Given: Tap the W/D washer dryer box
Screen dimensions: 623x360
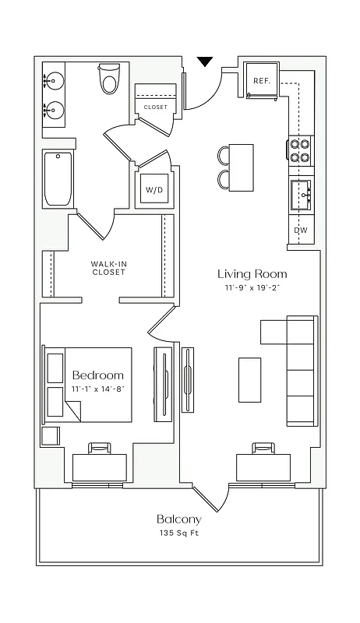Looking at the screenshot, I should click(x=152, y=189).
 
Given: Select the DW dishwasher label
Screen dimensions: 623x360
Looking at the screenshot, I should click(x=300, y=231).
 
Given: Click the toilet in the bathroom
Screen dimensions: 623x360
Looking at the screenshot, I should click(x=109, y=79).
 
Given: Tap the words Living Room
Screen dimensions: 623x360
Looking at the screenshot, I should click(x=252, y=274).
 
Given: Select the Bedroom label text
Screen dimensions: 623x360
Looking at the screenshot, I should click(x=97, y=375).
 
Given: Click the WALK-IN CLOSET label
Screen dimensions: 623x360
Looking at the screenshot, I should click(x=108, y=268).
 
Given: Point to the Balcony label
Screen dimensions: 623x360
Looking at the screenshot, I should click(x=178, y=519).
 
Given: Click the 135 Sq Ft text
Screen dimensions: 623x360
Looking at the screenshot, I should click(x=178, y=534).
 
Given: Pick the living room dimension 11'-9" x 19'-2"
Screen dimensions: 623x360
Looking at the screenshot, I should click(x=252, y=289).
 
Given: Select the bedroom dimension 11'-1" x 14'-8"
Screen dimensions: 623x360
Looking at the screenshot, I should click(x=97, y=389).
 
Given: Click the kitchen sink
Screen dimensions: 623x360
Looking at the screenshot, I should click(x=301, y=194).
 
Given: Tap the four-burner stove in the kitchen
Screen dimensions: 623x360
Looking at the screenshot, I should click(x=301, y=150).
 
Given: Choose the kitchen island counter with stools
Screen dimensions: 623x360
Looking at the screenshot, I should click(x=242, y=167).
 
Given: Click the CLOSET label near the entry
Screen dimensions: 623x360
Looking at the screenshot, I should click(x=155, y=107).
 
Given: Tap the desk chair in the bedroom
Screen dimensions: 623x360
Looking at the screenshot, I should click(x=99, y=449).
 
